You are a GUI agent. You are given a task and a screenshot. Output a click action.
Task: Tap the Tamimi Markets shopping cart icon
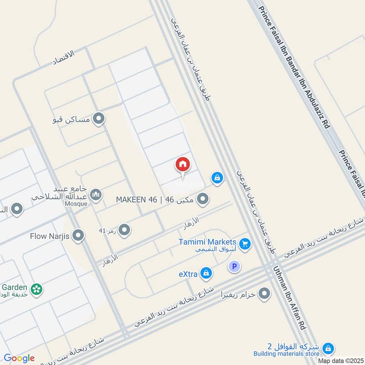coord(245,245)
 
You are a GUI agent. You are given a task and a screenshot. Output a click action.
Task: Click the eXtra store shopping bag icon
coord(206,273)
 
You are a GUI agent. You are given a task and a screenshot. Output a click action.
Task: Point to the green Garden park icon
coord(36,289)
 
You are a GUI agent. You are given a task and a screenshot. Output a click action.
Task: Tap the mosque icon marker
coord(96,195)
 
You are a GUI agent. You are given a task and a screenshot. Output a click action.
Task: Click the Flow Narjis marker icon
coord(79,236)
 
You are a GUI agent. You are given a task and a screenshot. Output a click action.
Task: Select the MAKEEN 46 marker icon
coord(203,199)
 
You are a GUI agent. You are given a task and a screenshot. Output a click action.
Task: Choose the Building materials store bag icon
coord(328,349)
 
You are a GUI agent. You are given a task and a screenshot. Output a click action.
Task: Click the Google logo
coord(19,358)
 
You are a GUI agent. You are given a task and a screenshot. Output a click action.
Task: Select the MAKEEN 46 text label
coord(136,199)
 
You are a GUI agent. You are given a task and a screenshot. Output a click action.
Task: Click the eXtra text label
coord(187,274)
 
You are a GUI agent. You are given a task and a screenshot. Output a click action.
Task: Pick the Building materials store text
coord(287,354)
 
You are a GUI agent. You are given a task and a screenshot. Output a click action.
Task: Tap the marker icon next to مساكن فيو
coord(99,120)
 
